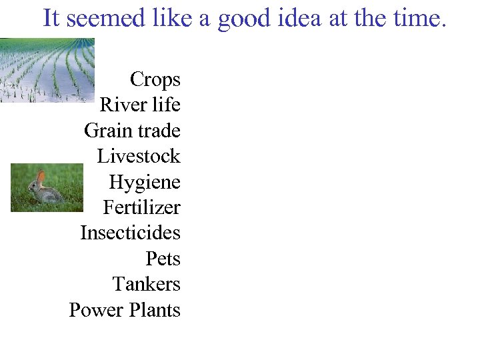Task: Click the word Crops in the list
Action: tap(155, 80)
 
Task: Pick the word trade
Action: tap(159, 131)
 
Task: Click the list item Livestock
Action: tap(139, 157)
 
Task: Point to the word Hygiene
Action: tap(145, 183)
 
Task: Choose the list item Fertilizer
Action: tap(141, 208)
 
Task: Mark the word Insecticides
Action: tap(130, 233)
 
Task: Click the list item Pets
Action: tap(163, 259)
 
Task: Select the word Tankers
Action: tap(147, 285)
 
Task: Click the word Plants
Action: tap(155, 311)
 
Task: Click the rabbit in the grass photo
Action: tap(45, 191)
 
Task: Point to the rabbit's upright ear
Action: tap(41, 176)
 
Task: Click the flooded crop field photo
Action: tap(47, 70)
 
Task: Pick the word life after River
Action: tap(166, 105)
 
